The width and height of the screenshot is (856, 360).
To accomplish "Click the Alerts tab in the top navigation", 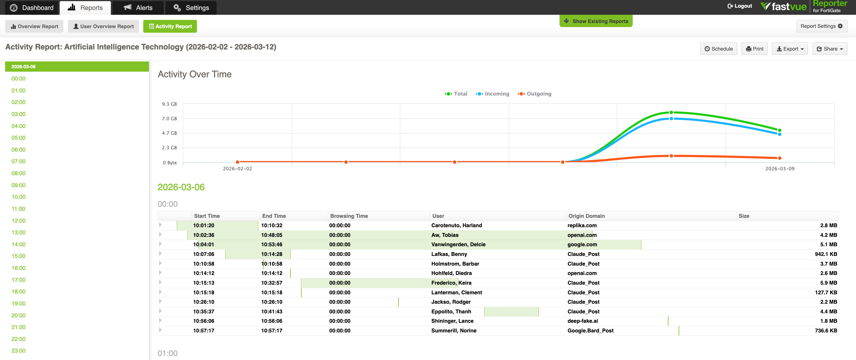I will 138,8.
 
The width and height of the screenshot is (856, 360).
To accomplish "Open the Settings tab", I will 191,8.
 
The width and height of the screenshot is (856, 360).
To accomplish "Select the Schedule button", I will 718,49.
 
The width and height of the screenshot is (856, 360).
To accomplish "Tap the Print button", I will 754,49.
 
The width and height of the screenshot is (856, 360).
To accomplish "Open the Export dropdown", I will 789,49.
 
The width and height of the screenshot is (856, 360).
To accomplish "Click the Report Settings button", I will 821,26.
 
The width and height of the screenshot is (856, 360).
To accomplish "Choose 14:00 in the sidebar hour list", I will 18,244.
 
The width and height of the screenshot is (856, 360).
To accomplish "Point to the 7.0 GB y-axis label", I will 169,119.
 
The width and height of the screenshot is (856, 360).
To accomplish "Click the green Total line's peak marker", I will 671,113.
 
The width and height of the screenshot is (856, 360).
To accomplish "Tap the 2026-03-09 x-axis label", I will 780,169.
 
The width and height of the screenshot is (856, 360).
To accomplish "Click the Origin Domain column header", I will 586,216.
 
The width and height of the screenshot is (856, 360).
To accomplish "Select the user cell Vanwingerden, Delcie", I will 458,245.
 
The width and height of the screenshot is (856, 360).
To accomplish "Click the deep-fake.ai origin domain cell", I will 583,321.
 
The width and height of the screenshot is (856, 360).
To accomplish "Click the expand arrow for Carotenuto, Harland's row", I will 160,225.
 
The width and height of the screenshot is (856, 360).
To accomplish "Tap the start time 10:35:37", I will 204,312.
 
